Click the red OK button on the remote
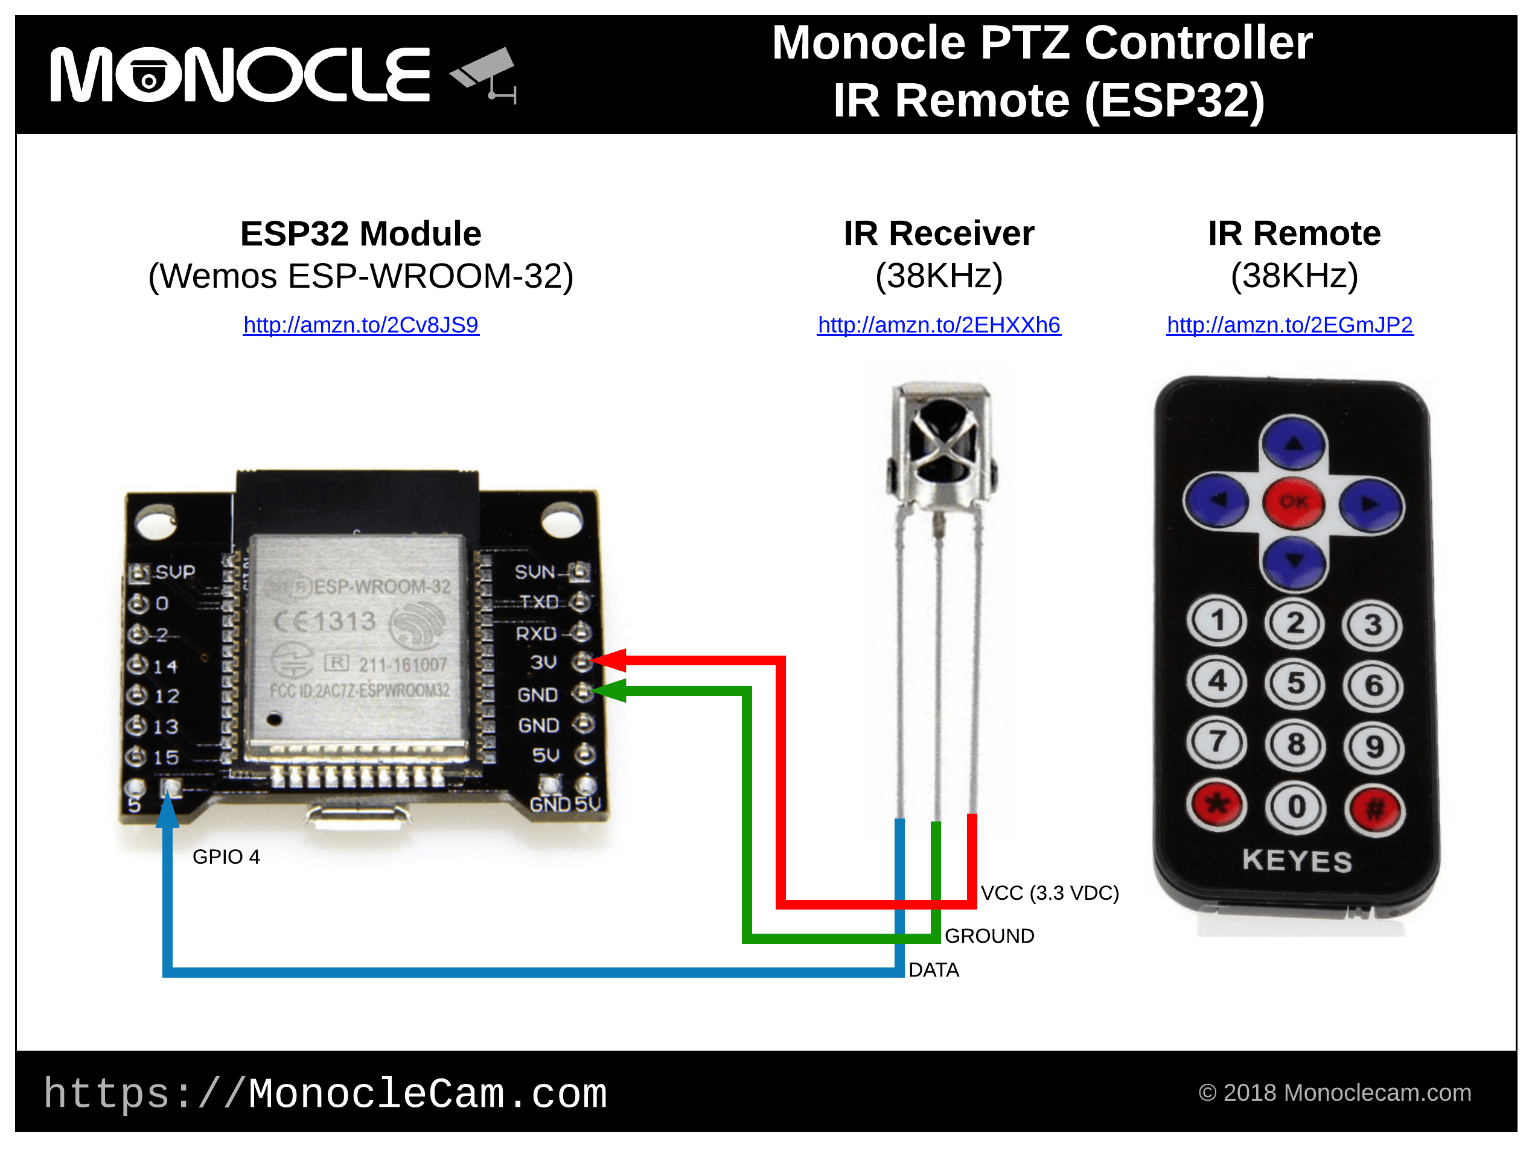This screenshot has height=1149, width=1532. point(1293,502)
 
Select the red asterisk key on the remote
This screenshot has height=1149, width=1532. point(1216,805)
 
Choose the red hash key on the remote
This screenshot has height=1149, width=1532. point(1375,808)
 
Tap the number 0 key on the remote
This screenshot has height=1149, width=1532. point(1296,807)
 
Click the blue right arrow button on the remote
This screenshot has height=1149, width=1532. point(1371,505)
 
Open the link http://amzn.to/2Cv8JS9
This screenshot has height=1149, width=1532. point(361,324)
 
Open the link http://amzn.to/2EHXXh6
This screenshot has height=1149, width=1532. point(939,324)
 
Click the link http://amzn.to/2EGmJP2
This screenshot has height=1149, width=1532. point(1289,324)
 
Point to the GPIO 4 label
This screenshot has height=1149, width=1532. point(226,857)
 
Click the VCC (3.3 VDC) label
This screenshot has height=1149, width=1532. point(1049,893)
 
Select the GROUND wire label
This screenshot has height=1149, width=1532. point(989,936)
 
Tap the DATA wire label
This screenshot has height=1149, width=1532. point(934,970)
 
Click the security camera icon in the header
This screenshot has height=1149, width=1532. point(485,72)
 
